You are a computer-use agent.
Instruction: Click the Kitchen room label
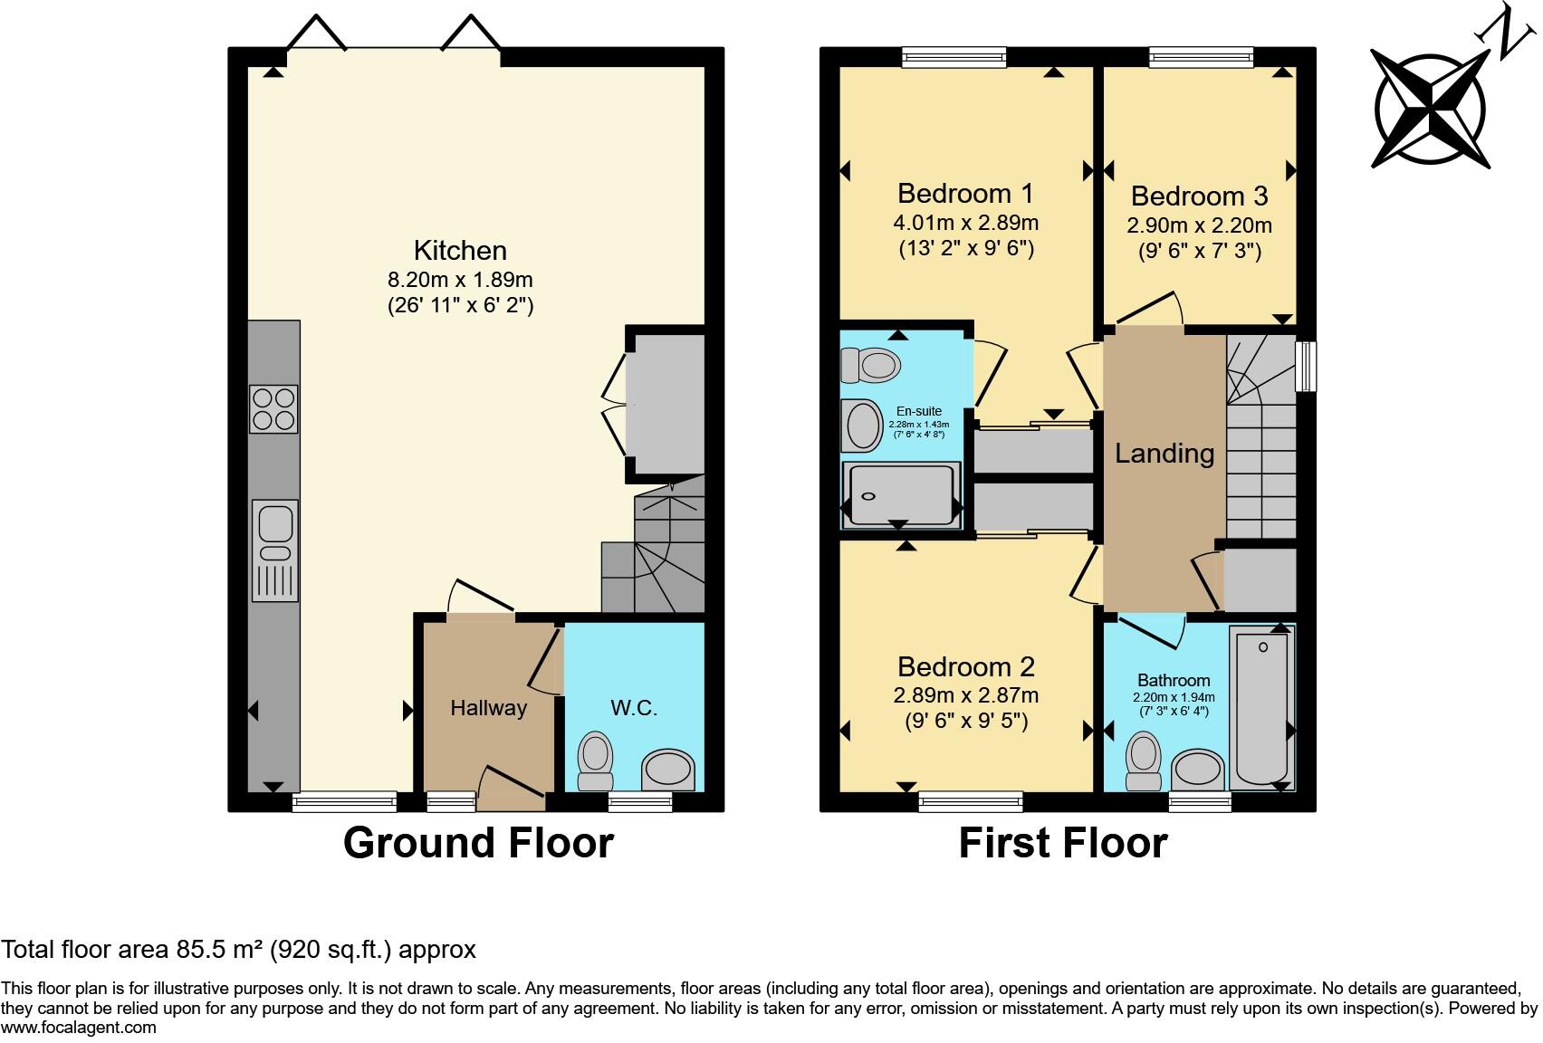pos(460,251)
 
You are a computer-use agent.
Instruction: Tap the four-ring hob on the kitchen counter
pos(273,409)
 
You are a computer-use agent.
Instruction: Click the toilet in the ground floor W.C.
pos(595,761)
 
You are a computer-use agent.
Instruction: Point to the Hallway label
pos(489,708)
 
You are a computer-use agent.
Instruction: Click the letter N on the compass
pos(1507,32)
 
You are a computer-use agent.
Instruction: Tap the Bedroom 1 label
pos(965,194)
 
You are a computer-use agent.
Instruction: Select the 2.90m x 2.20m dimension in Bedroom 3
pos(1199,225)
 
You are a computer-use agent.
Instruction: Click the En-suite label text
pos(919,411)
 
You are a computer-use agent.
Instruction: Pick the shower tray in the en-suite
pos(902,494)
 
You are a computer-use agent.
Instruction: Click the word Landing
pos(1164,454)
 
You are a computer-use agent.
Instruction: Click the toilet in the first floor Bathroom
pos(1144,761)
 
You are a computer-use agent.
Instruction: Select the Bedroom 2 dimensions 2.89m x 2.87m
pos(965,695)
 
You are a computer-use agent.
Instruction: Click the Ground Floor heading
pos(478,843)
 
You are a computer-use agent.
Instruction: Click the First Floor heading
pos(1063,843)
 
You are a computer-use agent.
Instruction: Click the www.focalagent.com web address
pos(79,1028)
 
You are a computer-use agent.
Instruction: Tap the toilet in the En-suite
pos(871,366)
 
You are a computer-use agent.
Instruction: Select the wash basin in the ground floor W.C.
pos(668,770)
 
